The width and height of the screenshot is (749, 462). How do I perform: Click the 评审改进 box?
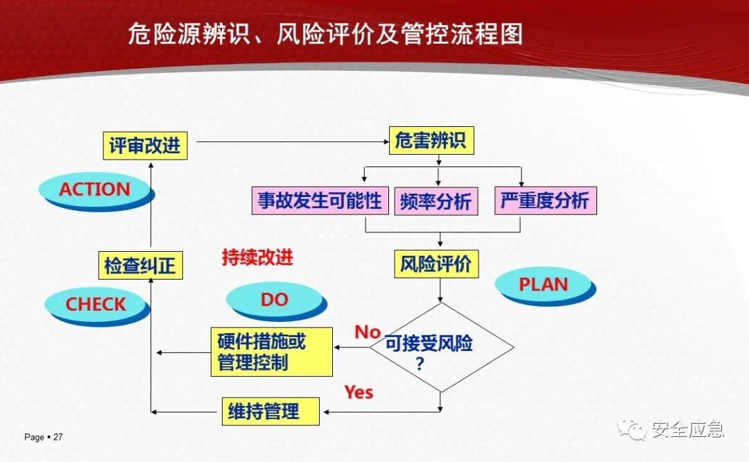coord(145,145)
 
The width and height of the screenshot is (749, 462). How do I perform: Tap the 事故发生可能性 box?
coord(320,200)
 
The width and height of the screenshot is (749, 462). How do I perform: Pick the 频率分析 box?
coord(436,201)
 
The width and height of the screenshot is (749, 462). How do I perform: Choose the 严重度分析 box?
coord(545,200)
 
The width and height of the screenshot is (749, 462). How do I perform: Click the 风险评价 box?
coord(436,264)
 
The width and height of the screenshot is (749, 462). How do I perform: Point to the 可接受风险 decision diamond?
coord(441,347)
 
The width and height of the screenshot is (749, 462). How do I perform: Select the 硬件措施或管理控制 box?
coord(271,352)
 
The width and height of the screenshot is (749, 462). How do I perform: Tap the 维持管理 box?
coord(271,411)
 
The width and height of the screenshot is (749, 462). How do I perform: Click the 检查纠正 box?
coord(140,265)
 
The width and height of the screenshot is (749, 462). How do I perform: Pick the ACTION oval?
coord(95,189)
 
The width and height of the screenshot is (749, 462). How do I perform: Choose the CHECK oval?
coord(96,305)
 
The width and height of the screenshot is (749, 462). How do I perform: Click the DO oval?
coord(275,300)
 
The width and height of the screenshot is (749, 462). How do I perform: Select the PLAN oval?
coord(544,284)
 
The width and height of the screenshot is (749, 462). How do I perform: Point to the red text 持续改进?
coord(257,258)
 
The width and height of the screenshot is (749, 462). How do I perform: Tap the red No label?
coord(368,332)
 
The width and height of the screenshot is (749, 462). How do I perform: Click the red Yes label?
coord(359,393)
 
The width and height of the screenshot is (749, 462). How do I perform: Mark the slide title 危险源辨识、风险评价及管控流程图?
coord(325,34)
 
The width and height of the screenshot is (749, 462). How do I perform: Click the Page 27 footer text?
coord(44,437)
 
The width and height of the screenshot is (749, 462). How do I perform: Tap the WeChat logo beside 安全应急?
coord(632,429)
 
